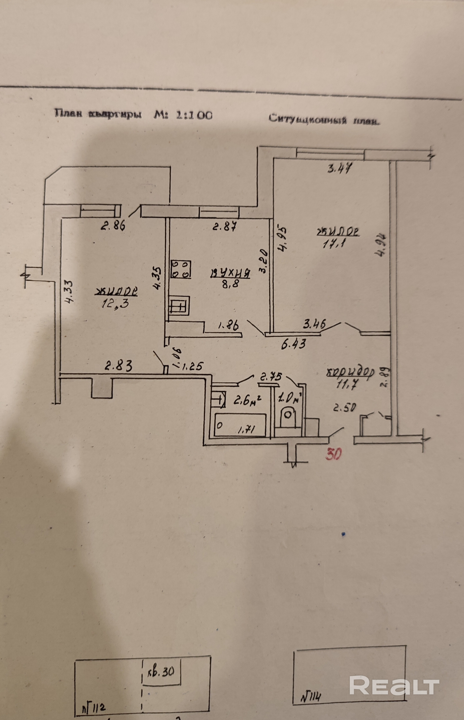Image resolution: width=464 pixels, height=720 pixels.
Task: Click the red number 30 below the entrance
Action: [x=334, y=454]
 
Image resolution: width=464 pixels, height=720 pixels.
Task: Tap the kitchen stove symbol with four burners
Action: [x=181, y=269]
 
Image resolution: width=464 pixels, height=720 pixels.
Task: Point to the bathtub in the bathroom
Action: [x=240, y=425]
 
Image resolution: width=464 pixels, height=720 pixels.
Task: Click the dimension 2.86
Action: [x=113, y=226]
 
